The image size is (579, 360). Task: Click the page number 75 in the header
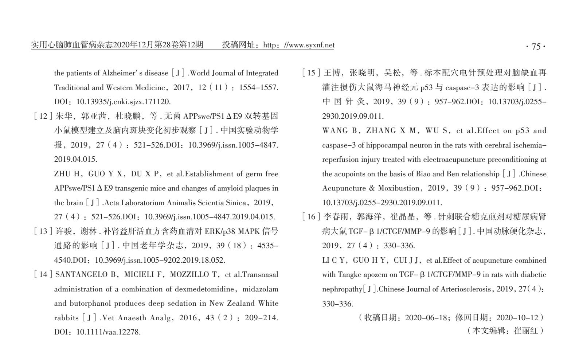536,47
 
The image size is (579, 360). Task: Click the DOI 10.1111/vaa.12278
108,332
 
